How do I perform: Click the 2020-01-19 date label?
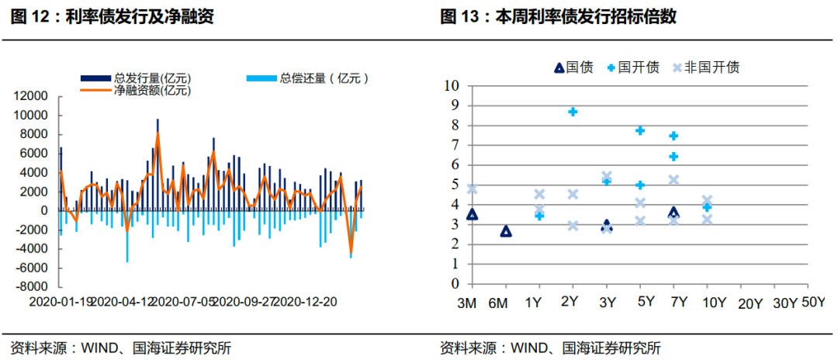pyautogui.click(x=59, y=301)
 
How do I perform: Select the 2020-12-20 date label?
pyautogui.click(x=308, y=301)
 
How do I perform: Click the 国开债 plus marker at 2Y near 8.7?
pyautogui.click(x=573, y=112)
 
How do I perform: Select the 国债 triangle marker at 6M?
pyautogui.click(x=506, y=231)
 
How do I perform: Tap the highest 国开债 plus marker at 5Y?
pyautogui.click(x=640, y=130)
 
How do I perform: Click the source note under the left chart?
pyautogui.click(x=120, y=348)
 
